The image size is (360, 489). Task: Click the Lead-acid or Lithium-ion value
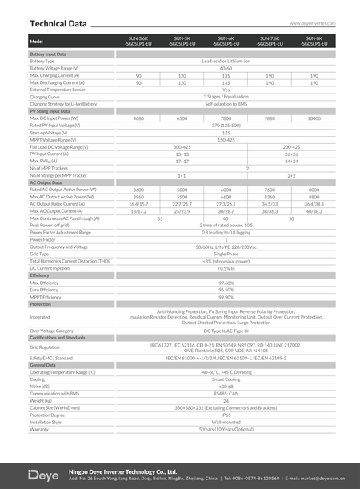coord(226,61)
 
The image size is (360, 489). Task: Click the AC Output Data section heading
coord(45,182)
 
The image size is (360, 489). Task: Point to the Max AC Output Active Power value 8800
coord(314,197)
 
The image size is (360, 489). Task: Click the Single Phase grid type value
coord(226,254)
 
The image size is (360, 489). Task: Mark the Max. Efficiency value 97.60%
coord(226,283)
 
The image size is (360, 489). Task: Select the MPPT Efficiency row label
coord(45,297)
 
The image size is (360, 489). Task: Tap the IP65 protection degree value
coord(226,415)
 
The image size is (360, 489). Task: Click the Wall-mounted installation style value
coord(226,422)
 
